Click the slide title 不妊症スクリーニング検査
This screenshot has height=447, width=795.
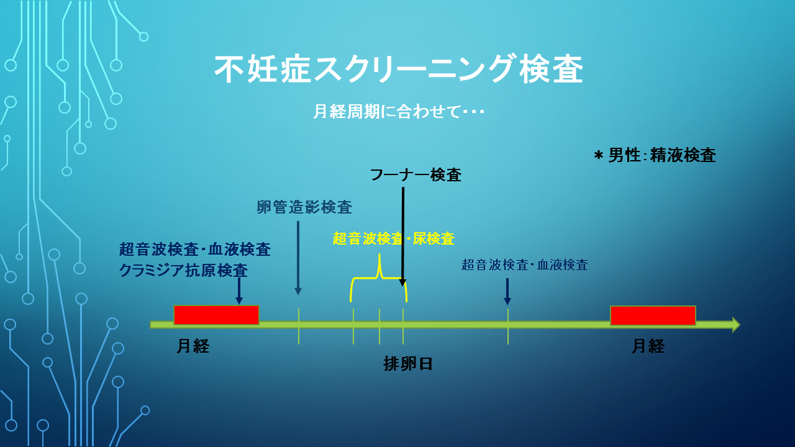399,69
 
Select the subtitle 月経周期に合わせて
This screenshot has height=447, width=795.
387,111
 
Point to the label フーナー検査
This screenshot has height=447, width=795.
416,175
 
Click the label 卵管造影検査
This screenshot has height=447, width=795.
304,207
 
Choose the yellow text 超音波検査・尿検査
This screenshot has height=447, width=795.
394,238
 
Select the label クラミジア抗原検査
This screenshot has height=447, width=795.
183,270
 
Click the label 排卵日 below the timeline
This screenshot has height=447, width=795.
408,364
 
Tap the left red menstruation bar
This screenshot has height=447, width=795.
216,315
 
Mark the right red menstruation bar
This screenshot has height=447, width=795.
653,315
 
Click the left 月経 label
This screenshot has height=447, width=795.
193,346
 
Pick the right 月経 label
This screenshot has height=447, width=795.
648,346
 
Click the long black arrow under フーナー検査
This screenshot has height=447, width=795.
403,237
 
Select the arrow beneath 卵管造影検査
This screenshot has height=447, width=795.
298,258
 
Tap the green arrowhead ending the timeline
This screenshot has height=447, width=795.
736,325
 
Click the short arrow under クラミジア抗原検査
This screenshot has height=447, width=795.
239,291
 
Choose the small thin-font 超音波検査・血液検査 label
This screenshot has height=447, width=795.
525,264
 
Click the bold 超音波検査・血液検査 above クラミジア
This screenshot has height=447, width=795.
195,250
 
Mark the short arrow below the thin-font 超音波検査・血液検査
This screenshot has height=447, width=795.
507,292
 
